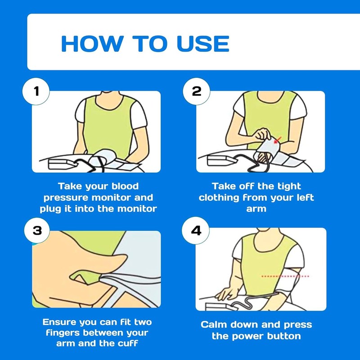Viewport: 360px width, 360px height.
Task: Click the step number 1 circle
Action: coord(36,91)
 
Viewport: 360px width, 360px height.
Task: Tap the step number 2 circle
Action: coord(197,91)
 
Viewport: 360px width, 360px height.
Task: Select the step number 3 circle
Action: coord(37,230)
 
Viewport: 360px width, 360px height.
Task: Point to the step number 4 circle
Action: coord(196,230)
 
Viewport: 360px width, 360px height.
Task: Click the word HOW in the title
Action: coord(92,43)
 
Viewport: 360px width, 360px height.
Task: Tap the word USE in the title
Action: coord(203,43)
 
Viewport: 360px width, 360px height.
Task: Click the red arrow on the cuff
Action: coord(277,139)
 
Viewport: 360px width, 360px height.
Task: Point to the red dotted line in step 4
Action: coord(285,276)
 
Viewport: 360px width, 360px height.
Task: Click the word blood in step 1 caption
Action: coord(125,186)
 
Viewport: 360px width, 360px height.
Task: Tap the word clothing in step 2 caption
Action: coord(219,198)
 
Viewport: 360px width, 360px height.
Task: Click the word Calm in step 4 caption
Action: coord(214,324)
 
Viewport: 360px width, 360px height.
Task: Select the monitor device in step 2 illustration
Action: coord(222,161)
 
